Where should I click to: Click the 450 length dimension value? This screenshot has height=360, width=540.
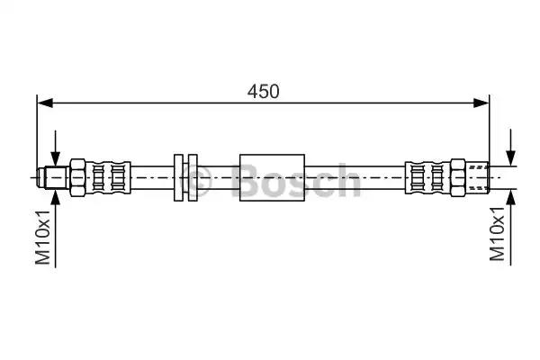pyautogui.click(x=263, y=92)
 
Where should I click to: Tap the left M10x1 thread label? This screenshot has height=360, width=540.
pyautogui.click(x=42, y=237)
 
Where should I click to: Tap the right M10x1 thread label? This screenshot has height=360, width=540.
pyautogui.click(x=497, y=233)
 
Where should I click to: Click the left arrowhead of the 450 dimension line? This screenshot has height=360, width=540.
pyautogui.click(x=45, y=103)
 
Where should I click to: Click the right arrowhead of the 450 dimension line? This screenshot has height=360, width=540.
pyautogui.click(x=481, y=103)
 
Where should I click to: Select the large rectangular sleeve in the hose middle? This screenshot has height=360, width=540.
pyautogui.click(x=272, y=178)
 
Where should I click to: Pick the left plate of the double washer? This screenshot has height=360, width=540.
pyautogui.click(x=178, y=178)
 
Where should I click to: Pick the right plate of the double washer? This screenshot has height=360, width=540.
pyautogui.click(x=193, y=178)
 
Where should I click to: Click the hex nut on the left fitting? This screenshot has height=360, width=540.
pyautogui.click(x=77, y=178)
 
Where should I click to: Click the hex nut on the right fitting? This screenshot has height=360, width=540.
pyautogui.click(x=458, y=178)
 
